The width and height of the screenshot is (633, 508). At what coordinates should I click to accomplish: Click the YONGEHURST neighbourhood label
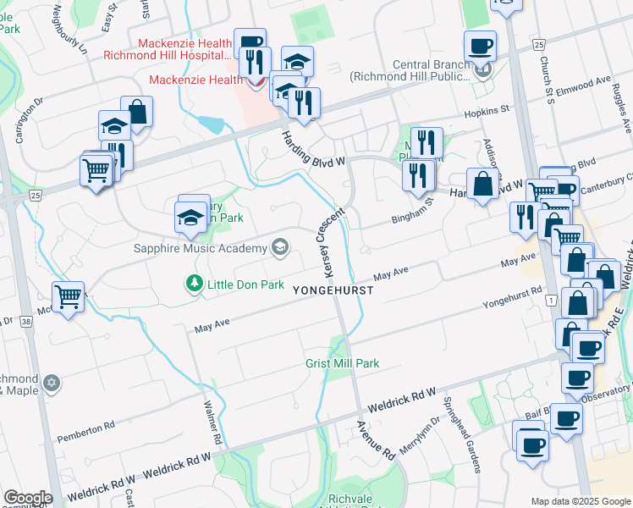pyautogui.click(x=333, y=290)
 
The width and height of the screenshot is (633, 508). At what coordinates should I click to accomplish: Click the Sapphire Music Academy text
pyautogui.click(x=200, y=248)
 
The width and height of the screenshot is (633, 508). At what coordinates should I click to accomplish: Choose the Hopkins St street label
pyautogui.click(x=486, y=110)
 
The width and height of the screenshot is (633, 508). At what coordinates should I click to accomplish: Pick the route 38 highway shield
pyautogui.click(x=26, y=322)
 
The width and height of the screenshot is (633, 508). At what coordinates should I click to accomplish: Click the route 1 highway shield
pyautogui.click(x=550, y=301)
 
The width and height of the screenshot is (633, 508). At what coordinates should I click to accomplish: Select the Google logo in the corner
pyautogui.click(x=28, y=498)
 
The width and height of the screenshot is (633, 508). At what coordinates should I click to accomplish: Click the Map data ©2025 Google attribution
pyautogui.click(x=580, y=500)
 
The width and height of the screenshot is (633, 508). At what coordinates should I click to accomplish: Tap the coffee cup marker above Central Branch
pyautogui.click(x=481, y=46)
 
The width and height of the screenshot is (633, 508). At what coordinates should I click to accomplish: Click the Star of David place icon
pyautogui.click(x=52, y=384)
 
